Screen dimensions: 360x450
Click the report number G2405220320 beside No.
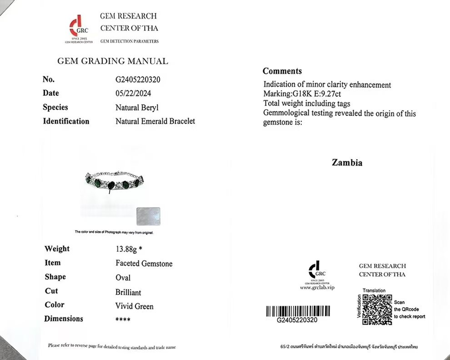click(x=138, y=80)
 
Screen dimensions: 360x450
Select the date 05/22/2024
click(x=133, y=93)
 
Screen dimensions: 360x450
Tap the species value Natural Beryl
click(x=137, y=108)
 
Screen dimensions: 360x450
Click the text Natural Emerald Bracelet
click(x=155, y=121)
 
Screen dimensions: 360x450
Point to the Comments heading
click(x=282, y=71)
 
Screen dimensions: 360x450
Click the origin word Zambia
click(x=347, y=163)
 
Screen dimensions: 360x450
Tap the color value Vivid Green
click(x=134, y=306)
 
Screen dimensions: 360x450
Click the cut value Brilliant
click(x=128, y=292)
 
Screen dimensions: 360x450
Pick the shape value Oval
click(x=123, y=278)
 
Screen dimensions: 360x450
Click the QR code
click(x=377, y=310)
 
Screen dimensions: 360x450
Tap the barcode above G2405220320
click(x=297, y=311)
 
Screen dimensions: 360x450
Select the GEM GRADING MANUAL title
click(x=112, y=61)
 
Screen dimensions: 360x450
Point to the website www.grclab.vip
click(x=317, y=288)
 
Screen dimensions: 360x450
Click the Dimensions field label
click(x=64, y=319)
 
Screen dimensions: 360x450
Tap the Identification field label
click(x=66, y=121)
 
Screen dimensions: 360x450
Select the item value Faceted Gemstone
click(x=144, y=264)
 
